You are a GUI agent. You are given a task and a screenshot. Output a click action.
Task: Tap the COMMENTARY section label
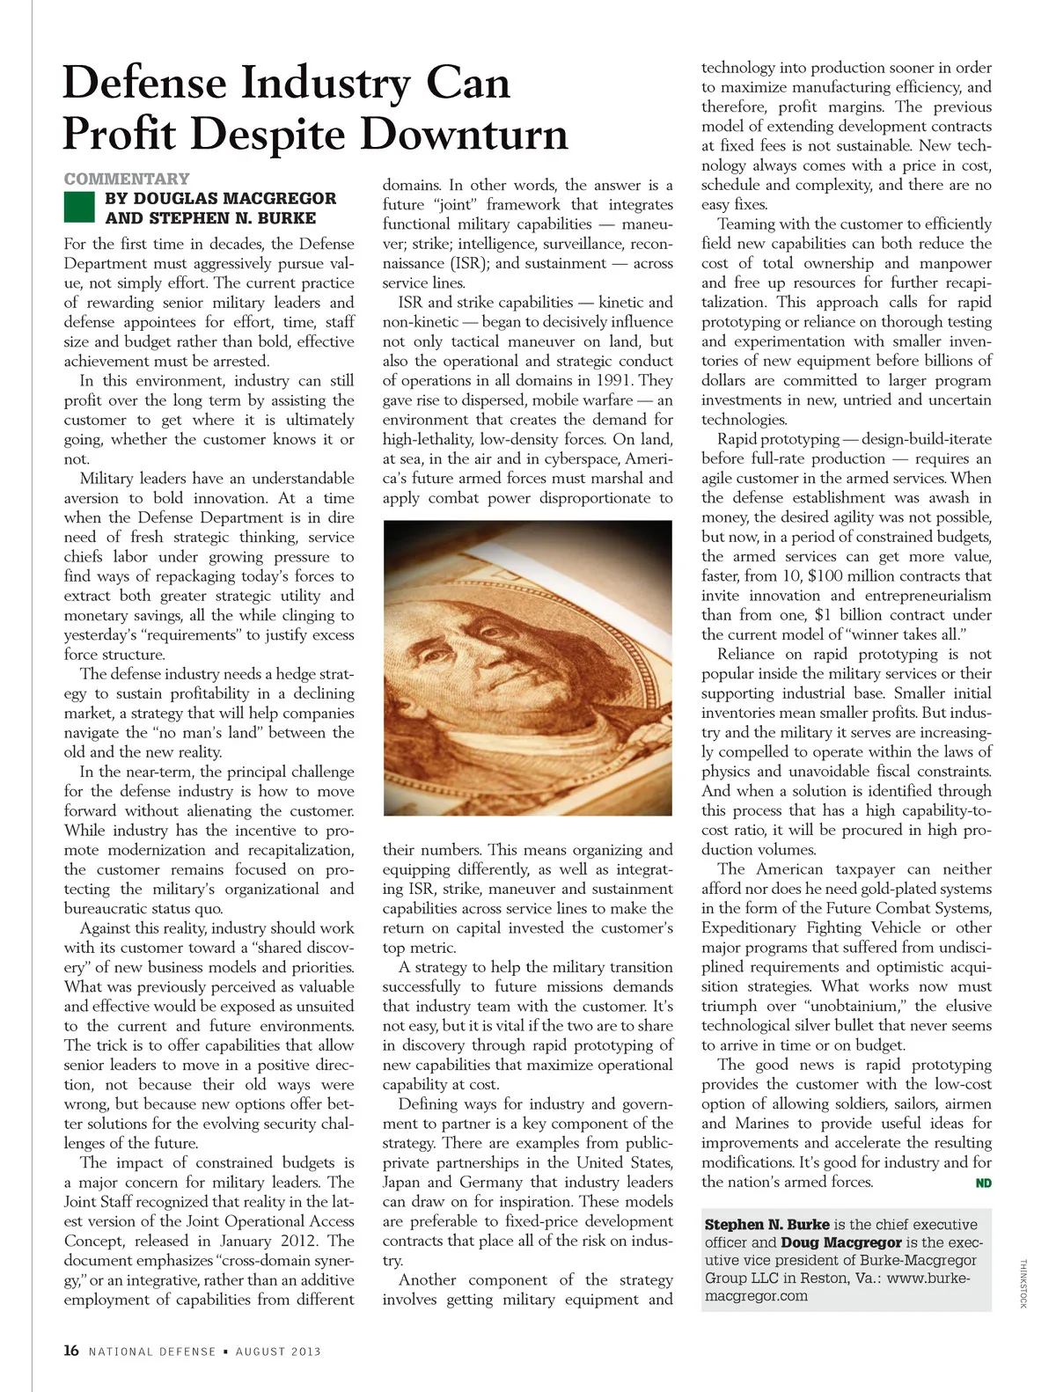126,179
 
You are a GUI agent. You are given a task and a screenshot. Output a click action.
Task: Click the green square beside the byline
79,208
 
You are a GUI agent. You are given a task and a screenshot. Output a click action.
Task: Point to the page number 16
71,1351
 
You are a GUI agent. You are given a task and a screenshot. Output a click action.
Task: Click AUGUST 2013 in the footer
278,1352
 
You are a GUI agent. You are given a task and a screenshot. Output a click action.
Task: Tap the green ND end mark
984,1183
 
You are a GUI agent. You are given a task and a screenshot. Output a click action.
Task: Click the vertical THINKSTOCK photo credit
1023,1284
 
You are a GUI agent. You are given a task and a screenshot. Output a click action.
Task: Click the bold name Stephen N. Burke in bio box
766,1224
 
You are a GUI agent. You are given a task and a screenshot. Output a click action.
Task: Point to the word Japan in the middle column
401,1182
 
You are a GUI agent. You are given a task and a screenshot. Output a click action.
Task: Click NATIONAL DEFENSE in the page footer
152,1352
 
